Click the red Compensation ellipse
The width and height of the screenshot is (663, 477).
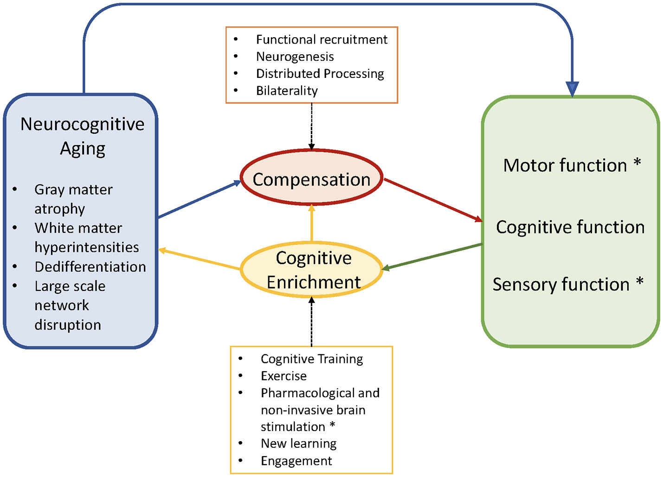click(311, 179)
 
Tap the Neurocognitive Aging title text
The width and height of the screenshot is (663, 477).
click(82, 136)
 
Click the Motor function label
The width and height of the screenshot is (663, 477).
click(565, 165)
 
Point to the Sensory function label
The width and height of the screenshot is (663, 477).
click(560, 284)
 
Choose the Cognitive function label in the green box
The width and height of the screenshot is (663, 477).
click(570, 227)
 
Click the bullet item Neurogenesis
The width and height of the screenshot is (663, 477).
click(295, 57)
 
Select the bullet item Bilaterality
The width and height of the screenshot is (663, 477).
click(287, 90)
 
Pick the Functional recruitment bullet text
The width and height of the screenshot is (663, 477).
click(322, 39)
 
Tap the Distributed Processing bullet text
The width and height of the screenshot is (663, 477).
click(320, 74)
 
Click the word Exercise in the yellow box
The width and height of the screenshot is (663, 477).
click(283, 376)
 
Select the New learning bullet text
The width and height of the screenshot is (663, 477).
click(298, 444)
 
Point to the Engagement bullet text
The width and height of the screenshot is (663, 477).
click(296, 461)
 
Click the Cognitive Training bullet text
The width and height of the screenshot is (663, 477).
click(312, 359)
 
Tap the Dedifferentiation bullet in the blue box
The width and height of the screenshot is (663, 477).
click(90, 267)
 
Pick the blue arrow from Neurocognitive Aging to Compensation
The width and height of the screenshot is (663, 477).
click(200, 200)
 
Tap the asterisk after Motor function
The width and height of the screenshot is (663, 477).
click(637, 163)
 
